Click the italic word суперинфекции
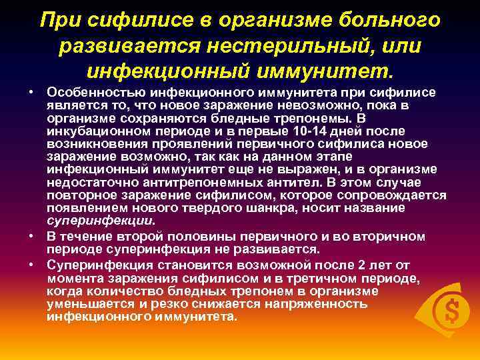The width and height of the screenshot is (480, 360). pyautogui.click(x=100, y=220)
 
